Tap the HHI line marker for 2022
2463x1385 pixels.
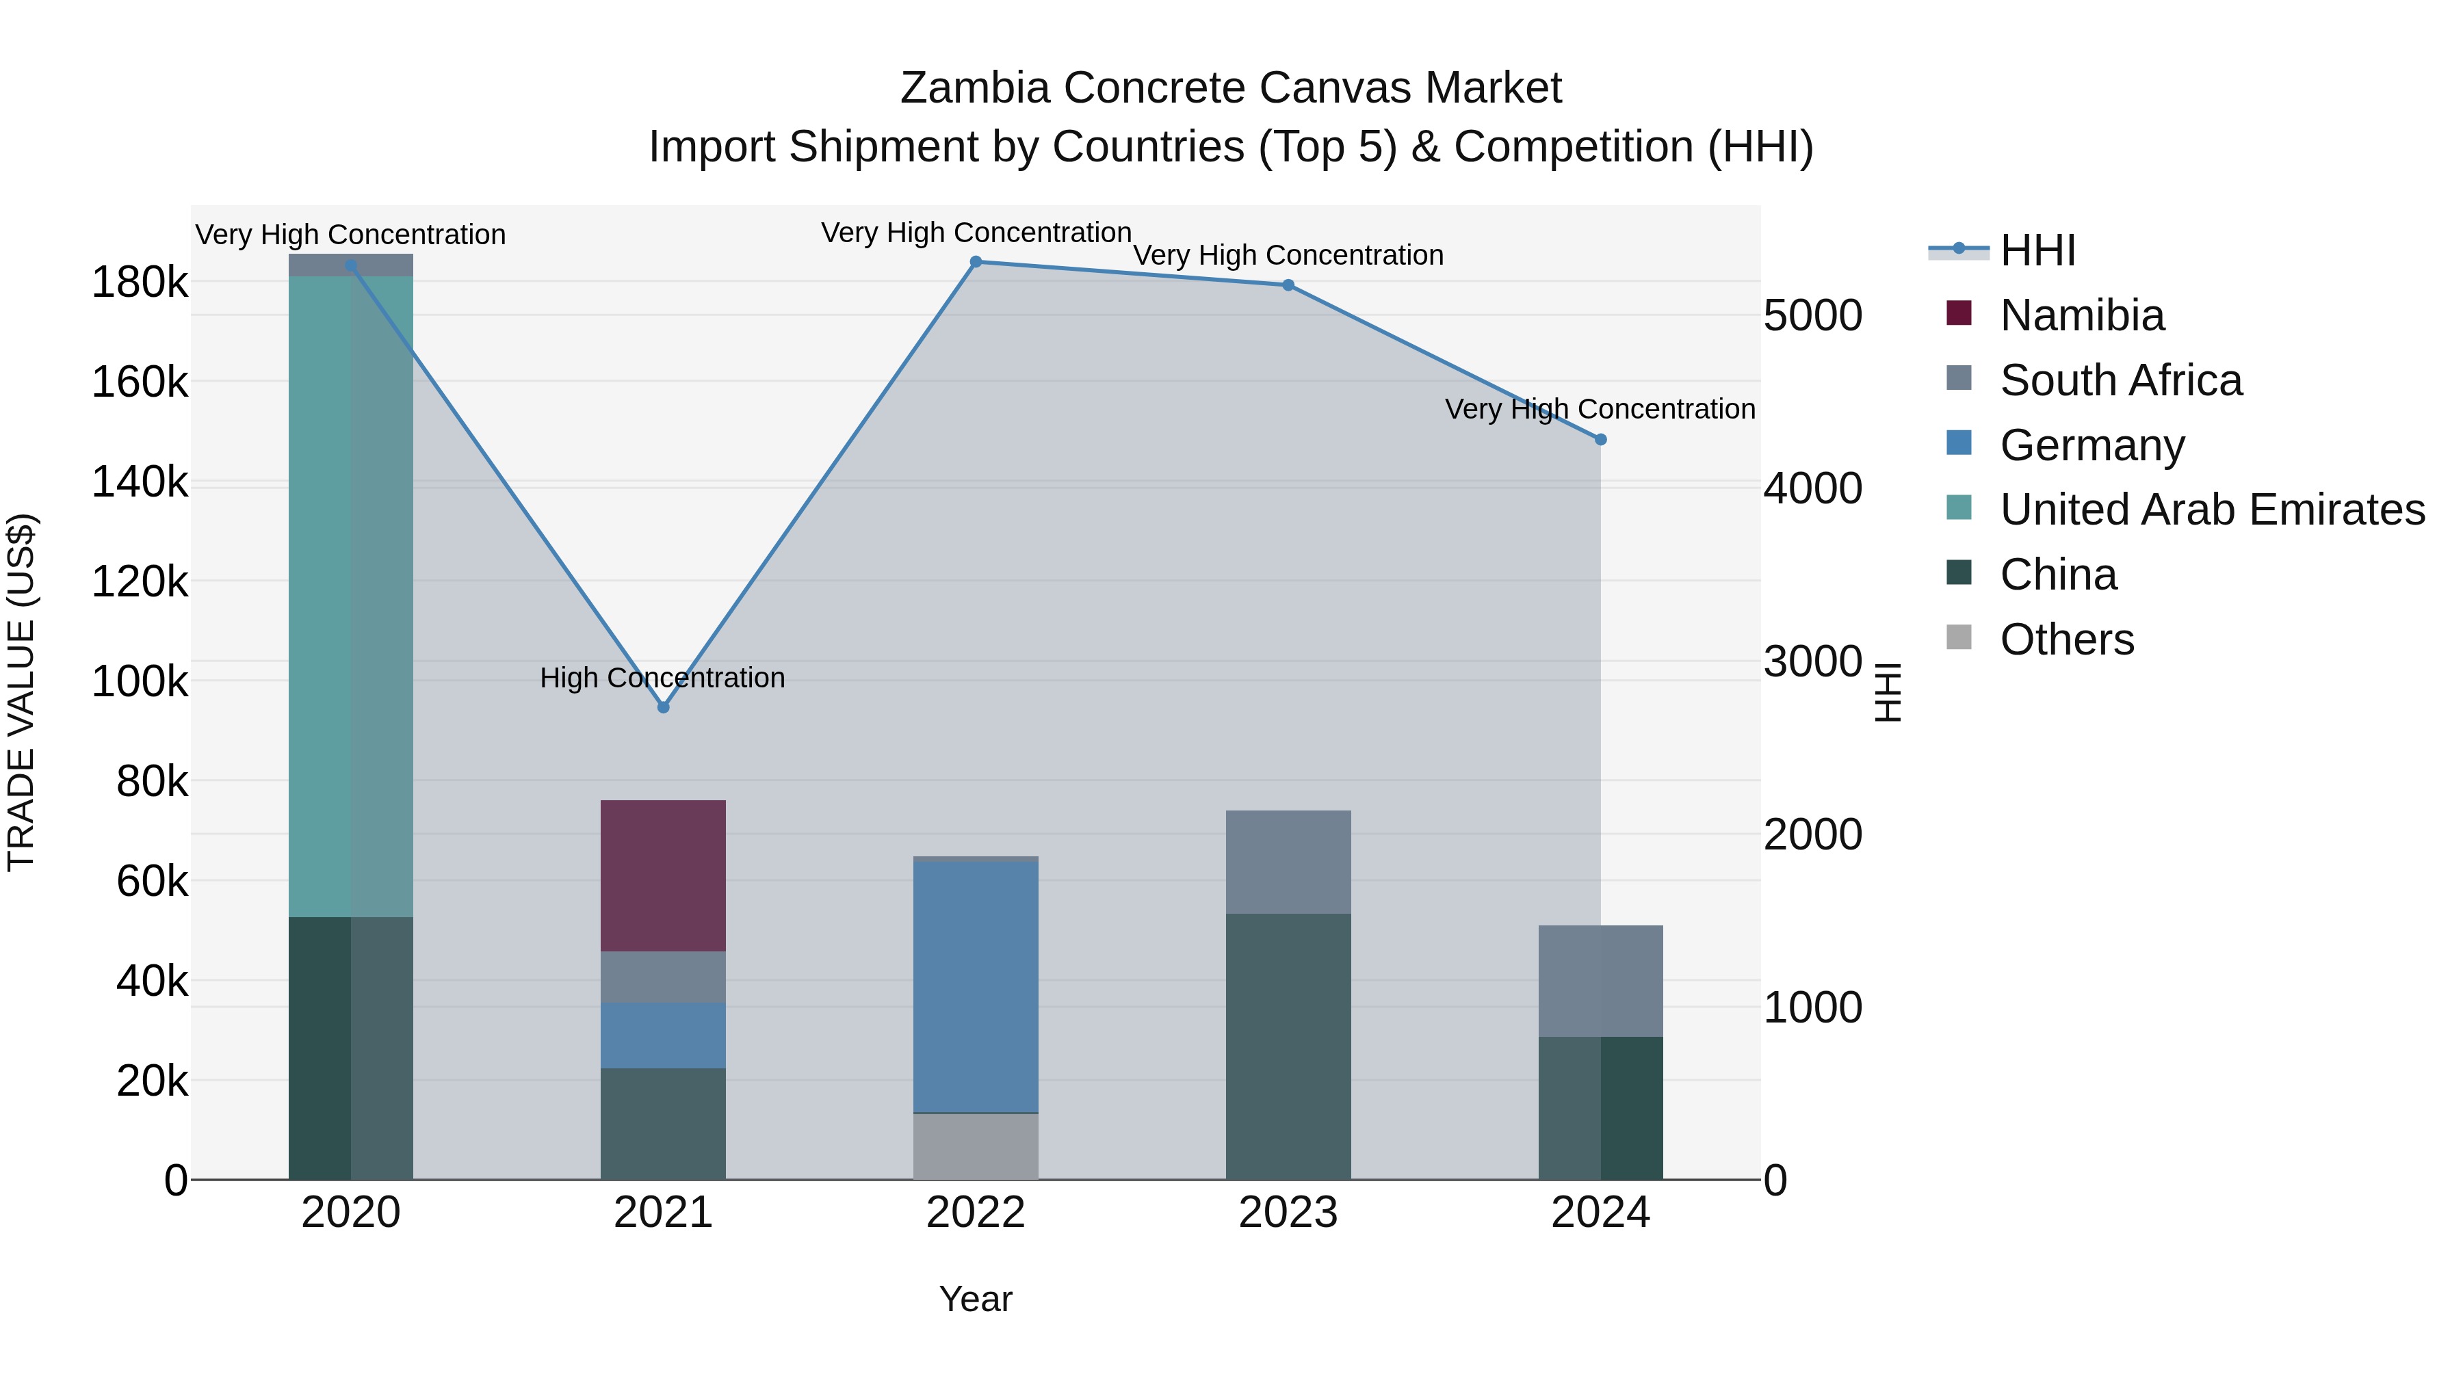(975, 262)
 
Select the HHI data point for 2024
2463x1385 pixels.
(1600, 440)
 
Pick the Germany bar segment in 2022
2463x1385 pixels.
(975, 986)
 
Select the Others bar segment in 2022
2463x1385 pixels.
(975, 1146)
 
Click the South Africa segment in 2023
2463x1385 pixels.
(1288, 862)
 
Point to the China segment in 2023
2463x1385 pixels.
(1288, 1046)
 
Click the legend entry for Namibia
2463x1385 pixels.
(2081, 315)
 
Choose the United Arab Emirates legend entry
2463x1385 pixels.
(2211, 510)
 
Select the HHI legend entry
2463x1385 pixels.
(2037, 250)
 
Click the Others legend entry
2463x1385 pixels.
(2066, 639)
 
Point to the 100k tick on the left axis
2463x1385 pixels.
(140, 683)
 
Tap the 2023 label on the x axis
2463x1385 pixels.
(1288, 1213)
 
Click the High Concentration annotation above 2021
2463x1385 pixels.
(662, 678)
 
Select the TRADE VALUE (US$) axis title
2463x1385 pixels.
(21, 692)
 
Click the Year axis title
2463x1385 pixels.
(975, 1299)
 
